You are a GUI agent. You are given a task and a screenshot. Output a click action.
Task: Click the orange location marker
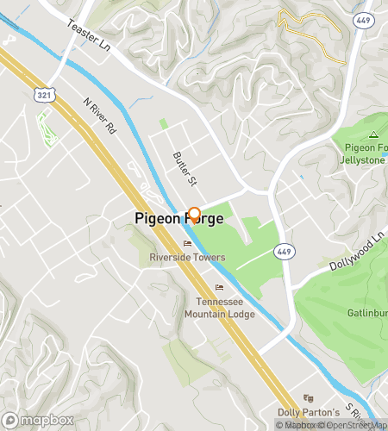194,215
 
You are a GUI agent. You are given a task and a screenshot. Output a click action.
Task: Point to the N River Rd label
98,117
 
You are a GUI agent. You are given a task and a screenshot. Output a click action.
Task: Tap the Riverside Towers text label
187,257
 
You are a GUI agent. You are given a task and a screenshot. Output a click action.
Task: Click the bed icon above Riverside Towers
187,244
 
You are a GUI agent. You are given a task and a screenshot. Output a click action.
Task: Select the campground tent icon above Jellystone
373,134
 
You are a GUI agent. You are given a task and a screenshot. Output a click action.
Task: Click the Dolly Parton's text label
305,412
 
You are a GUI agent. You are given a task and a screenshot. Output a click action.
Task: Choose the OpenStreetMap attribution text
352,424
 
